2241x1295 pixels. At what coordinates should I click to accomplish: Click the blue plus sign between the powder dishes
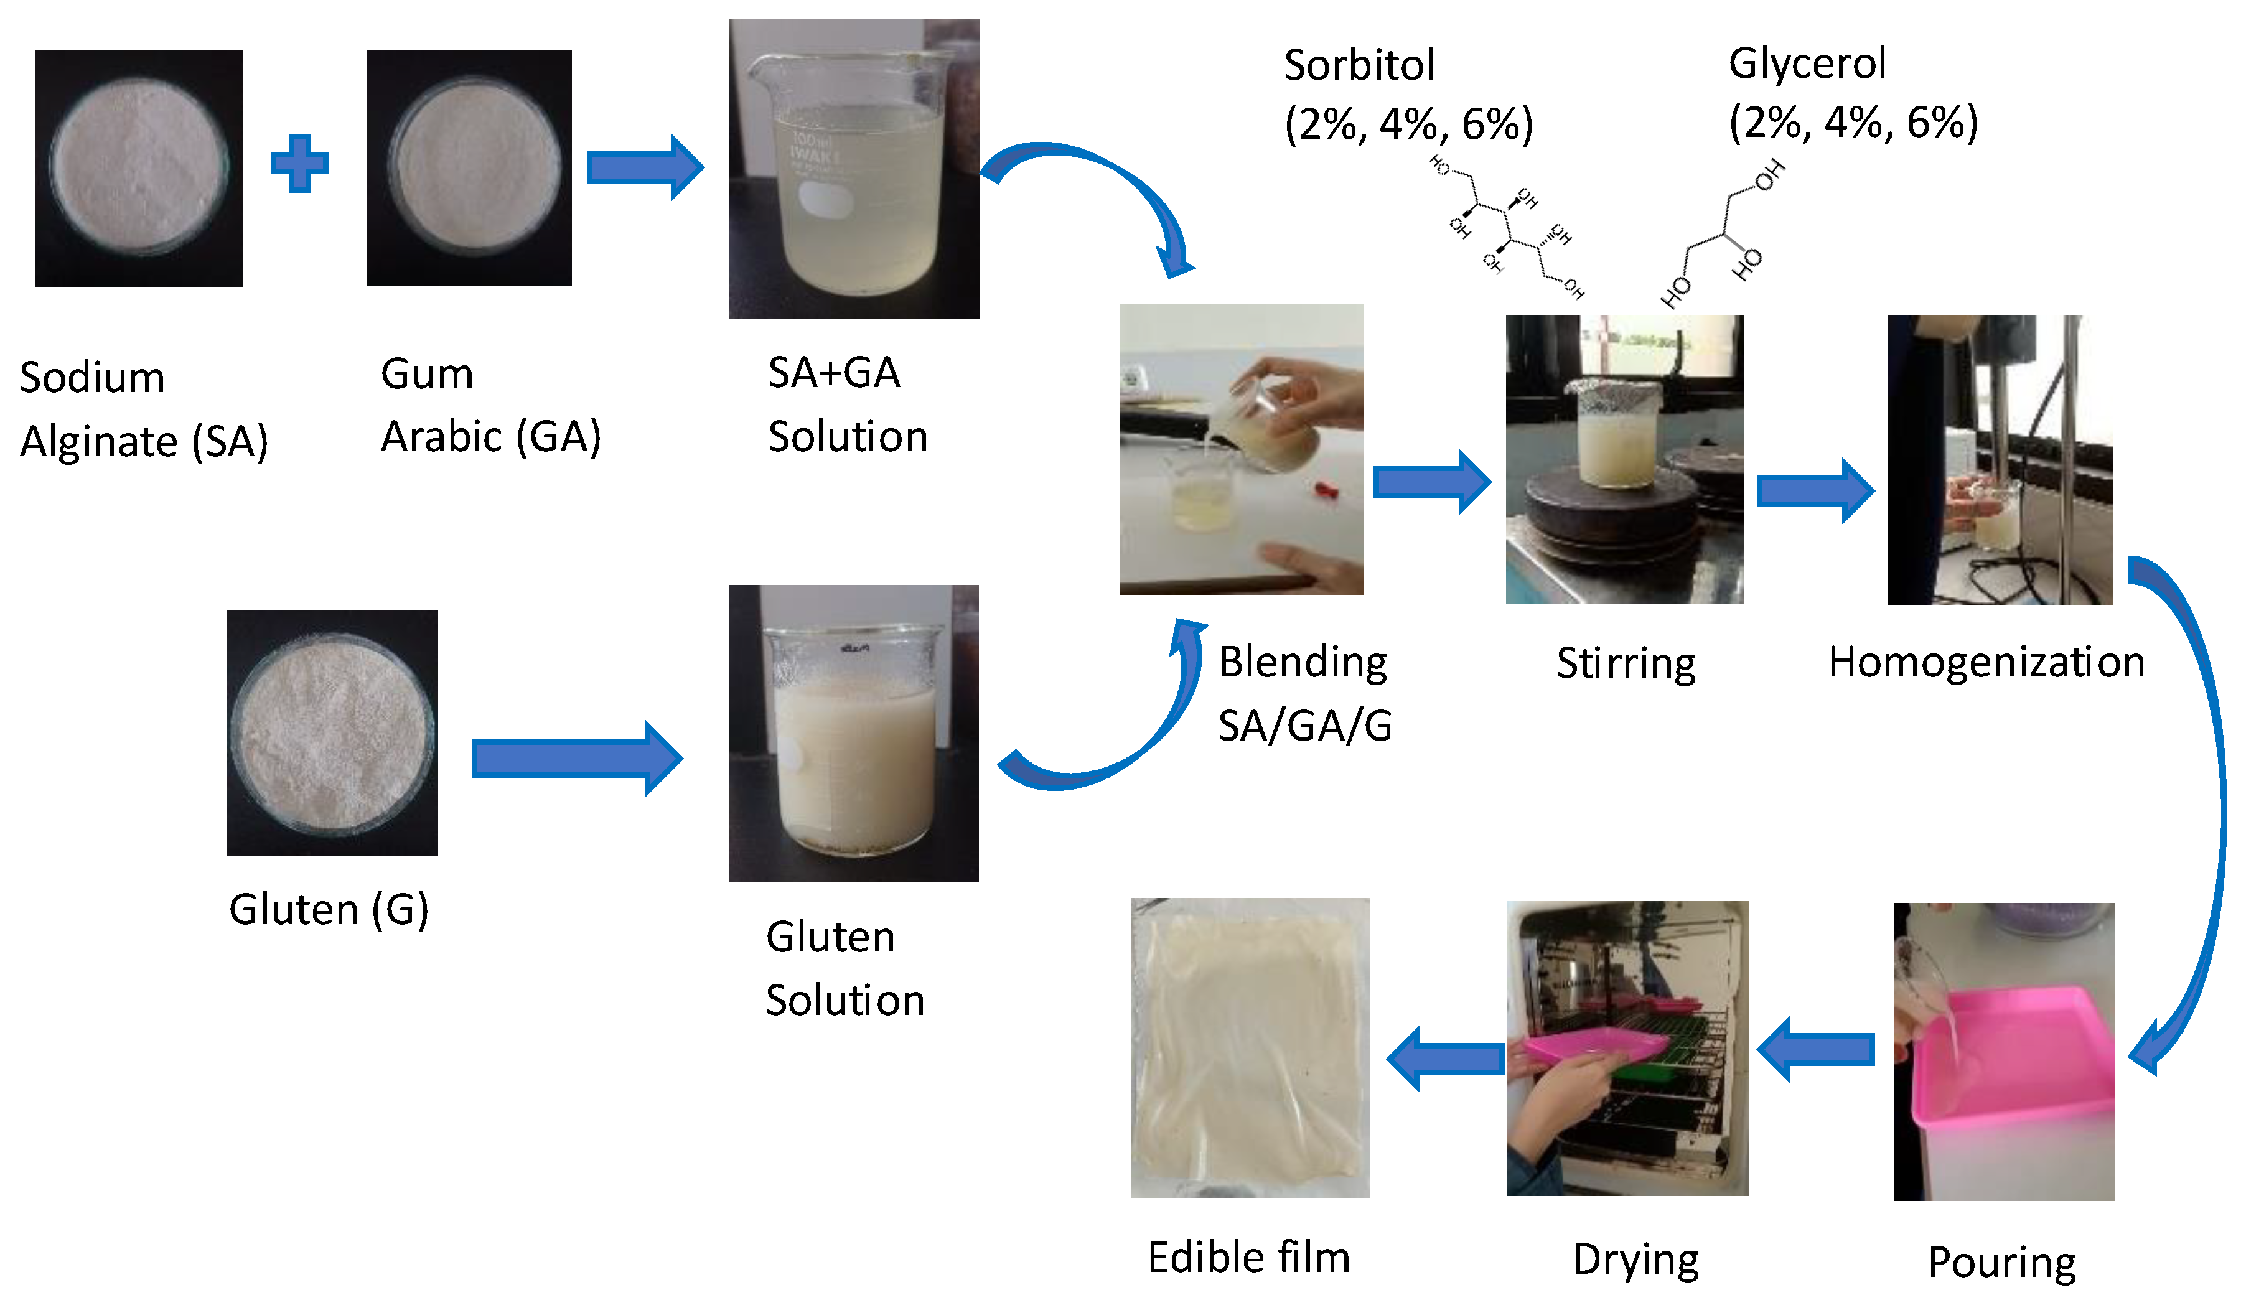[x=300, y=164]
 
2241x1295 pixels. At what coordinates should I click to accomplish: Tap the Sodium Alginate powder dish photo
[x=139, y=168]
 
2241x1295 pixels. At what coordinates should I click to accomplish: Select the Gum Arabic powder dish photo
[x=469, y=168]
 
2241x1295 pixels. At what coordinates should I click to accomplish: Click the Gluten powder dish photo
[x=332, y=732]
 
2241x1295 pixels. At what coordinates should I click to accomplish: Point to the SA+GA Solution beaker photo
[x=854, y=169]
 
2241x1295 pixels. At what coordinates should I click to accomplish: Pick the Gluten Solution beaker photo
[x=854, y=734]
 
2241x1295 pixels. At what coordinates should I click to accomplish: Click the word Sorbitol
[x=1359, y=65]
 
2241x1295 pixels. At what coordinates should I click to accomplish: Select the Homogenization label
[x=1986, y=663]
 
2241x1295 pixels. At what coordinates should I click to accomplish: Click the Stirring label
[x=1626, y=663]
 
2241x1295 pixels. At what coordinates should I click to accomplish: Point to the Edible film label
[x=1248, y=1258]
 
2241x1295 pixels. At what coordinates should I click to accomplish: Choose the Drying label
[x=1635, y=1260]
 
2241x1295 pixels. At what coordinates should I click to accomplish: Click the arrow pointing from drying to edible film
[x=1445, y=1059]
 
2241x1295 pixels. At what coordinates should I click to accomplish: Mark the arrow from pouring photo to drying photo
[x=1816, y=1050]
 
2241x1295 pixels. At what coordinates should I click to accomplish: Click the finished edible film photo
[x=1250, y=1048]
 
